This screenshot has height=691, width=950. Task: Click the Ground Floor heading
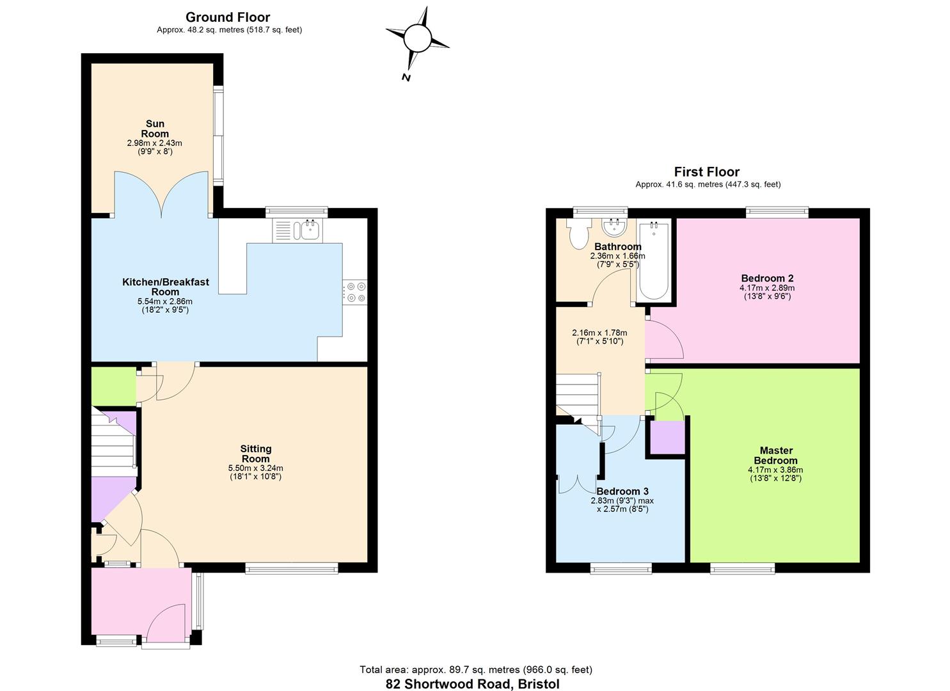tap(228, 17)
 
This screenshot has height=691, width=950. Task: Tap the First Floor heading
tap(706, 172)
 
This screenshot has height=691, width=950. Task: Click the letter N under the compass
tap(406, 77)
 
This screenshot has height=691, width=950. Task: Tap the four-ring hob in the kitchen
tap(356, 292)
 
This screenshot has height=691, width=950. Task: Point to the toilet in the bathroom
tap(579, 234)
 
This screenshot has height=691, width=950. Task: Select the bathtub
tap(654, 260)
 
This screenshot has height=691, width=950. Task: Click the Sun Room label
tap(155, 129)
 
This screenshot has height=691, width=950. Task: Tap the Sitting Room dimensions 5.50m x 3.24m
tap(256, 468)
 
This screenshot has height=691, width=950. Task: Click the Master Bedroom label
tap(776, 456)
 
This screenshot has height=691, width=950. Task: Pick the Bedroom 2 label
tap(767, 278)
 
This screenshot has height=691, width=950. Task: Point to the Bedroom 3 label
tap(622, 491)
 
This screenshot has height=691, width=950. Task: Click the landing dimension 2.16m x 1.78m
tap(599, 333)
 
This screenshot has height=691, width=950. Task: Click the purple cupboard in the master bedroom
tap(667, 438)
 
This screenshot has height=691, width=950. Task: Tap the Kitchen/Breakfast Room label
tap(166, 287)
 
